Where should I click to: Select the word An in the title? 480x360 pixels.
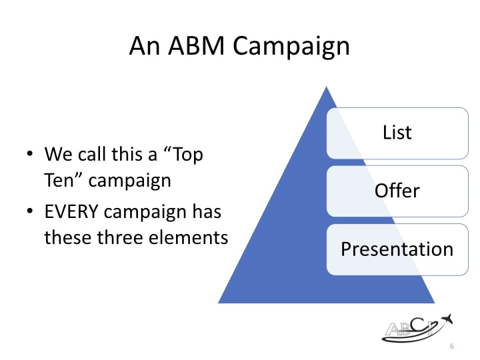[x=143, y=45]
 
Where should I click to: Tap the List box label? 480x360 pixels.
[x=397, y=132]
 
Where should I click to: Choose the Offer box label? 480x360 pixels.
[x=397, y=191]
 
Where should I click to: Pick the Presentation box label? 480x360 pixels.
[x=397, y=249]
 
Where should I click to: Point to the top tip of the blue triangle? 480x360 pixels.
[x=326, y=87]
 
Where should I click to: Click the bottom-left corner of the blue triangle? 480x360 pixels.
[x=220, y=302]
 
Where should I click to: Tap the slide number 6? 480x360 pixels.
[x=452, y=347]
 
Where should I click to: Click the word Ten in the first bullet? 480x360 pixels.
[x=58, y=180]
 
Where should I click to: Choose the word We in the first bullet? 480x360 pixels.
[x=57, y=155]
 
